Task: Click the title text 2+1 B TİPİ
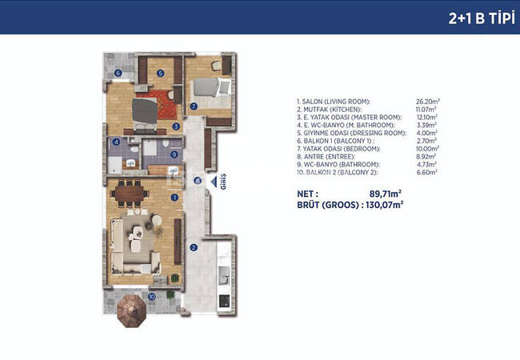click(x=482, y=18)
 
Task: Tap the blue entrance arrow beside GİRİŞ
click(x=214, y=182)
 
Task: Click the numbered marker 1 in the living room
click(x=174, y=198)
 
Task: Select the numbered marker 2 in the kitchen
click(x=194, y=248)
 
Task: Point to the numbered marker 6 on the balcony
click(x=118, y=73)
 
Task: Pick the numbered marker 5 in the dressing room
click(x=161, y=73)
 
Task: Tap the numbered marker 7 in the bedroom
click(x=194, y=106)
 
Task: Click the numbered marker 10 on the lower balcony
click(x=151, y=297)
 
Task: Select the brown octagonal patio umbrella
click(x=132, y=311)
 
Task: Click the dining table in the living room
click(x=130, y=194)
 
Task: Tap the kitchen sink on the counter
click(x=224, y=275)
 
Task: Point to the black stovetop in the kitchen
click(x=224, y=301)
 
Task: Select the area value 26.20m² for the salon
click(x=428, y=102)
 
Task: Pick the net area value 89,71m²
click(x=386, y=194)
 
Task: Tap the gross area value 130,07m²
click(x=384, y=205)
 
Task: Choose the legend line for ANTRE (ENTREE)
click(x=326, y=157)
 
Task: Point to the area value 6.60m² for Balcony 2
click(x=427, y=172)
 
